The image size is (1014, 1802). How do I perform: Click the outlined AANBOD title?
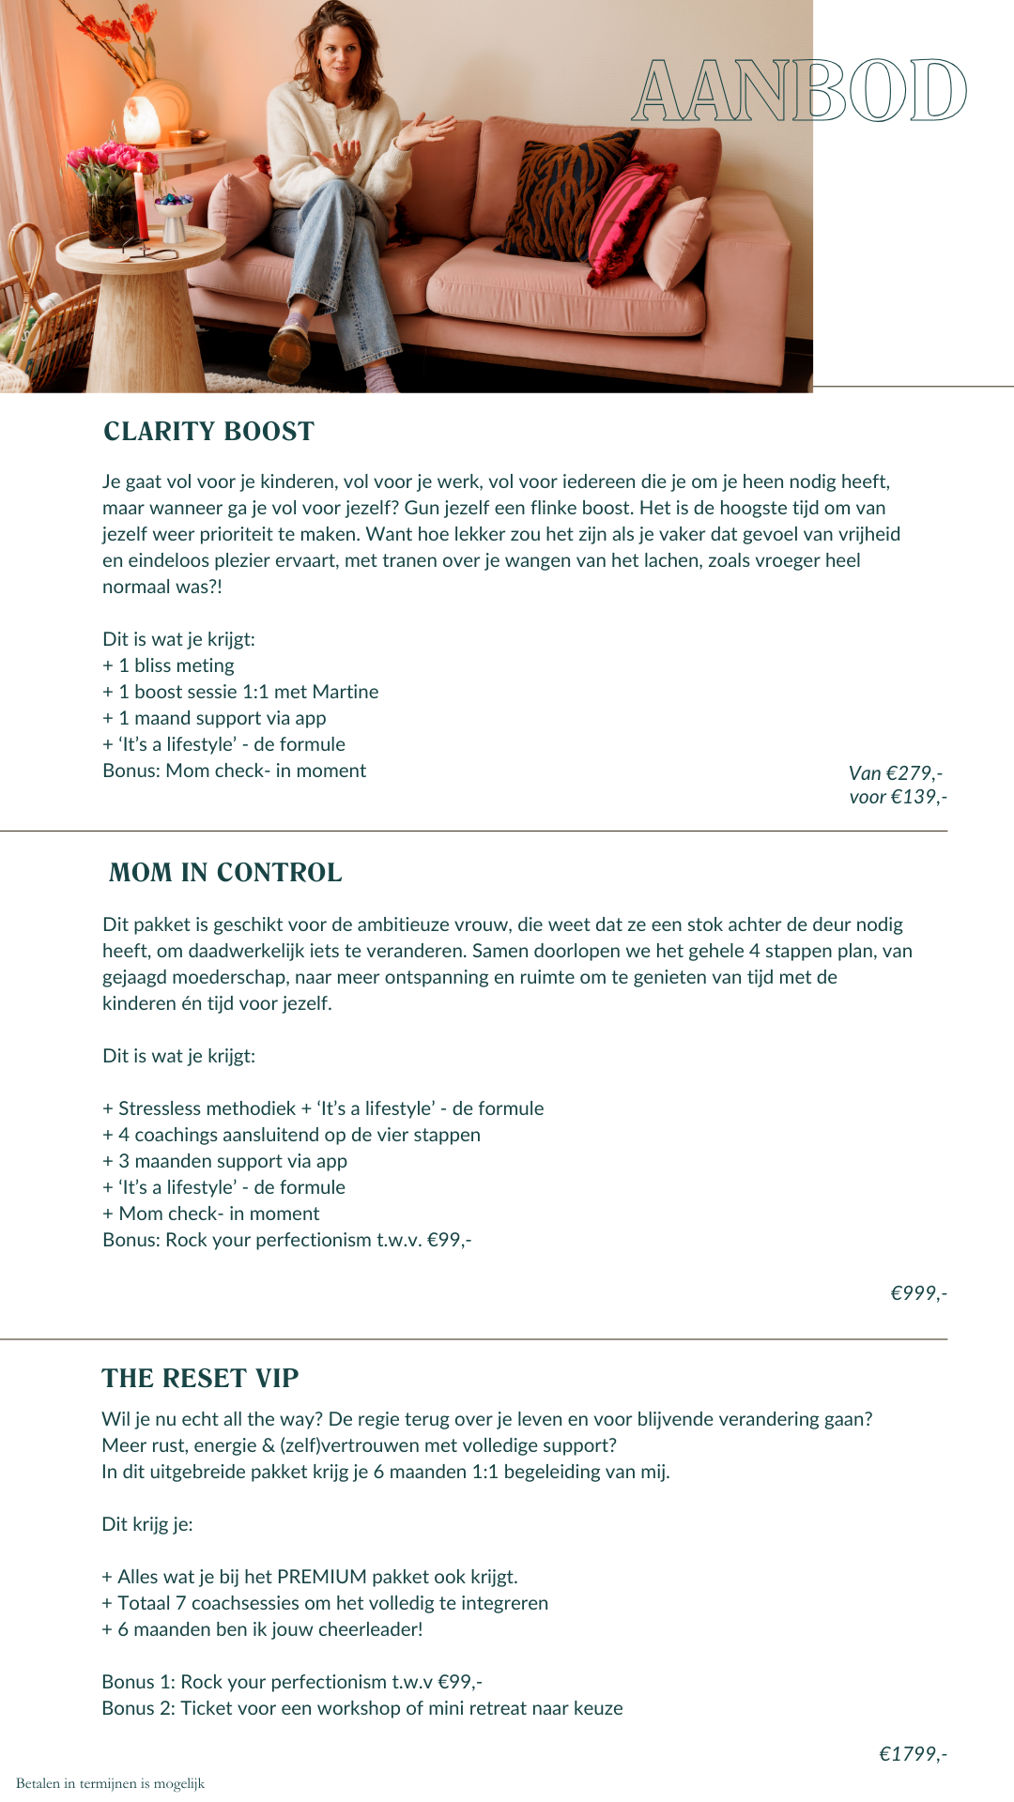[x=799, y=91]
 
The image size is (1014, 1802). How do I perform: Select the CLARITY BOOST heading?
[x=208, y=432]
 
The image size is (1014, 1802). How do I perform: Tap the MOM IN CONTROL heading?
[x=225, y=873]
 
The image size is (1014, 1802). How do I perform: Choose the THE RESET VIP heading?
[x=200, y=1379]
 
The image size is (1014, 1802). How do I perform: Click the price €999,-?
[x=918, y=1293]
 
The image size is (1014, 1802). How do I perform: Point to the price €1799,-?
[x=913, y=1754]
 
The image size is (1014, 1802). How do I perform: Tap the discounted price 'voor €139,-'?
[x=898, y=797]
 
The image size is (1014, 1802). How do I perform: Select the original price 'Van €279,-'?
[x=896, y=773]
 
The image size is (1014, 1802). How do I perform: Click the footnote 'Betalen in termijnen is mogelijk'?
[x=110, y=1783]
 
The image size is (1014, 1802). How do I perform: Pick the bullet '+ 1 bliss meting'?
[x=169, y=665]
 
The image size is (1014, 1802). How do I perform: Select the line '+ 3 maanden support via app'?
[x=225, y=1161]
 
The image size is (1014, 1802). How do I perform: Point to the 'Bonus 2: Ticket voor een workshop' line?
[x=362, y=1708]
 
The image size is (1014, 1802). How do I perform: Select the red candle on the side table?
[x=139, y=202]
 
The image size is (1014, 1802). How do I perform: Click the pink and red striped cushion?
[x=627, y=221]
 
